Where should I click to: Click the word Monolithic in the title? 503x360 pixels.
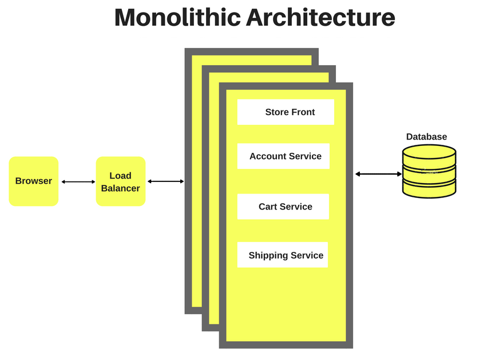[x=177, y=18]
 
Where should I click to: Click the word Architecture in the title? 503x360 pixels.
[x=320, y=18]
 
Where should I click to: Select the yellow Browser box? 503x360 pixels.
[x=34, y=181]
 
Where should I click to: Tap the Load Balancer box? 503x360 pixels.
[x=121, y=181]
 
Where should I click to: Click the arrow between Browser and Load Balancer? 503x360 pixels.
[x=78, y=182]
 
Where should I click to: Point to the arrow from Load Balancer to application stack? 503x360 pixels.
[x=165, y=181]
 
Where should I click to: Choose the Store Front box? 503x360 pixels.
[x=286, y=112]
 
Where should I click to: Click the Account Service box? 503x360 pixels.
[x=284, y=156]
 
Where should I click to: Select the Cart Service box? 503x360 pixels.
[x=283, y=207]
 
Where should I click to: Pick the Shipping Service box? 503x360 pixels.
[x=283, y=255]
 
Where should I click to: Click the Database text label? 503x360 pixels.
[x=426, y=137]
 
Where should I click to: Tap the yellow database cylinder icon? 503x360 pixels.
[x=429, y=172]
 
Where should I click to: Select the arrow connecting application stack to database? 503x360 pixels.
[x=378, y=174]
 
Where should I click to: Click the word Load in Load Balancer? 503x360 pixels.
[x=120, y=176]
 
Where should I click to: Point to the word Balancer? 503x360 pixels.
[x=120, y=188]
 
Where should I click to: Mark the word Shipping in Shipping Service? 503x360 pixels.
[x=268, y=255]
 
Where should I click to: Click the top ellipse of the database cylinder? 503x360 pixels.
[x=429, y=152]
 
